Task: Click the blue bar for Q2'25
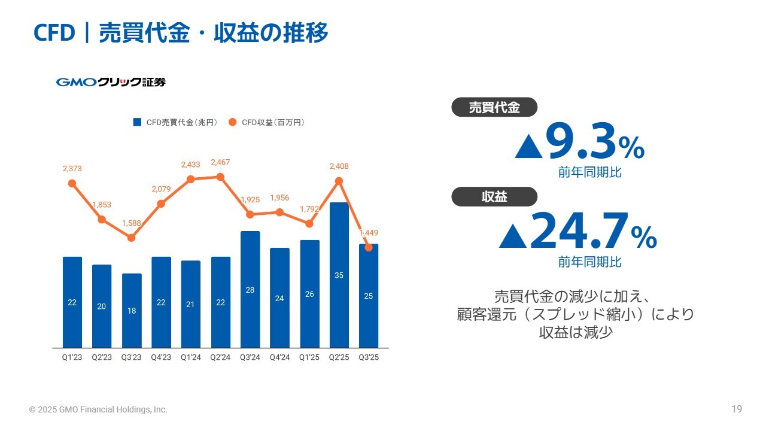coord(339,275)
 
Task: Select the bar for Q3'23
coord(132,311)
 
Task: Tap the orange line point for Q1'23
coord(72,183)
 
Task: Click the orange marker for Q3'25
coord(369,247)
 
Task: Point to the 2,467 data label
coord(220,163)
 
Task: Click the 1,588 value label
coord(132,223)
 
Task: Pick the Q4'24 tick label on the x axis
coord(279,357)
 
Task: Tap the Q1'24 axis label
coord(190,357)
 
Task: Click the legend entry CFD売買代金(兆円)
coord(175,123)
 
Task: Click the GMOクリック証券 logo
coord(111,83)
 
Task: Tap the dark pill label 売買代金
coord(494,108)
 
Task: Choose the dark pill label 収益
coord(494,196)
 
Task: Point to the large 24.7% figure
coord(578,231)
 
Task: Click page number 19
coord(737,409)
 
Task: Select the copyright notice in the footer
coord(98,410)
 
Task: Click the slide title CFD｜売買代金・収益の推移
coord(181,34)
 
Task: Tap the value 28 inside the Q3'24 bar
coord(250,290)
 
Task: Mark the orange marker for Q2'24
coord(220,177)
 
